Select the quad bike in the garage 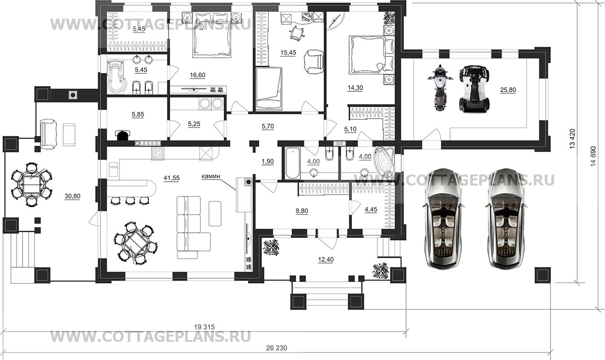(x=474, y=88)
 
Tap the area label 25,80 (x=508, y=90)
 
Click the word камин (x=210, y=176)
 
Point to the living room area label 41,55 (x=172, y=178)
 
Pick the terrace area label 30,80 (x=72, y=196)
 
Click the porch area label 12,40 (x=326, y=260)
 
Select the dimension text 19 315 (x=205, y=327)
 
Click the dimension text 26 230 (x=276, y=348)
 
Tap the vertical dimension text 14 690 (x=593, y=156)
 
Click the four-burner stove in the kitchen (x=158, y=153)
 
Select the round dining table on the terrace (x=32, y=184)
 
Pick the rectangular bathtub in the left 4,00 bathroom (x=293, y=163)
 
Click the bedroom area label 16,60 (x=198, y=75)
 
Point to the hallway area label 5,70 (x=268, y=126)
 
